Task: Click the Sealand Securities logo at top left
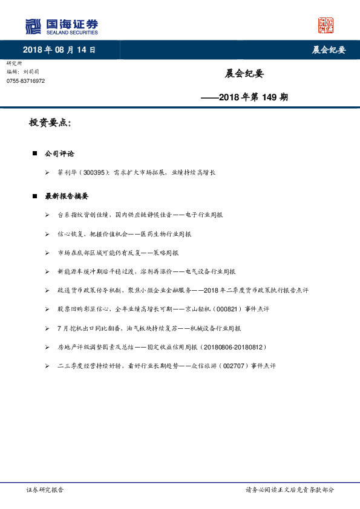61,26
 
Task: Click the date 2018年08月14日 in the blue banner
59,50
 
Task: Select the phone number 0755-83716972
25,81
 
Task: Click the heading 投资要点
50,123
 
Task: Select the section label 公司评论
59,154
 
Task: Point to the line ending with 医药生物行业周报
124,233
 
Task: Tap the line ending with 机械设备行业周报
149,328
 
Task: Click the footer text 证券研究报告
45,490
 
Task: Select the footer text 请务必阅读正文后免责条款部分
289,490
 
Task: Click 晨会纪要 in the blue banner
329,50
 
